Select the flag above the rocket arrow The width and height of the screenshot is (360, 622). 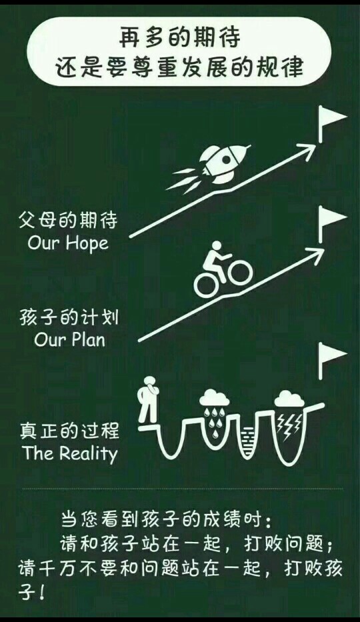(x=332, y=122)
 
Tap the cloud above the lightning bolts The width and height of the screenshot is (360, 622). (x=289, y=399)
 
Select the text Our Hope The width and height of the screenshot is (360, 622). (x=68, y=243)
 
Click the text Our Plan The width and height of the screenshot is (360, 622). (x=69, y=340)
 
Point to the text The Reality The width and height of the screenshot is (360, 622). (x=70, y=453)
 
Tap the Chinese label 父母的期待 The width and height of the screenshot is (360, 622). (x=68, y=221)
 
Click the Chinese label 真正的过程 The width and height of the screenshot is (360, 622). (x=69, y=431)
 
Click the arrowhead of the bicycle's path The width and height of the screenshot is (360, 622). (x=315, y=254)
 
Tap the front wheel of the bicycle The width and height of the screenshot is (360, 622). (x=240, y=273)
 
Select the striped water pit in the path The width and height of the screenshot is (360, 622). (x=247, y=440)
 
